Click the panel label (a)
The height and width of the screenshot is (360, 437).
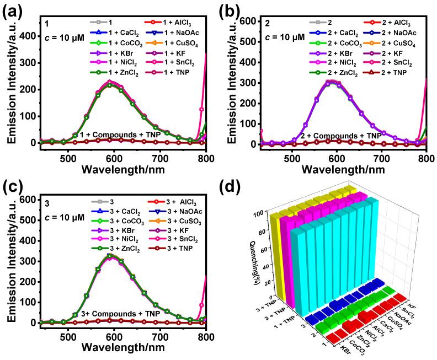[13, 10]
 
